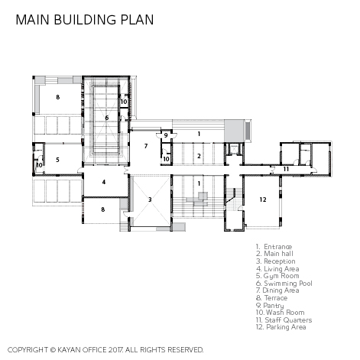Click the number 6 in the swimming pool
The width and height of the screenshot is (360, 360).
pyautogui.click(x=107, y=118)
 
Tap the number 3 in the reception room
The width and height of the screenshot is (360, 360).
pyautogui.click(x=150, y=199)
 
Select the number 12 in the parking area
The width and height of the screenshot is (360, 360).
pyautogui.click(x=263, y=199)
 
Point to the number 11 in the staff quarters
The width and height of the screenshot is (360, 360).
pyautogui.click(x=286, y=169)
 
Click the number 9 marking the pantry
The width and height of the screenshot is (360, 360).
pyautogui.click(x=166, y=135)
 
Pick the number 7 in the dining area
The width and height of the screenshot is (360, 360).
pyautogui.click(x=146, y=146)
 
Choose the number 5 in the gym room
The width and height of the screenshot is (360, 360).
pyautogui.click(x=57, y=160)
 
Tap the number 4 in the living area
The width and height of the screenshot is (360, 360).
pyautogui.click(x=104, y=182)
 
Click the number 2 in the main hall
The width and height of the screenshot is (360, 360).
pyautogui.click(x=199, y=156)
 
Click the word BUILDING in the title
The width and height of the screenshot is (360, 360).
pyautogui.click(x=86, y=20)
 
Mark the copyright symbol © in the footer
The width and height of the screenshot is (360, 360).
pyautogui.click(x=53, y=350)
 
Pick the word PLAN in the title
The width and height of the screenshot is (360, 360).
pyautogui.click(x=137, y=20)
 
